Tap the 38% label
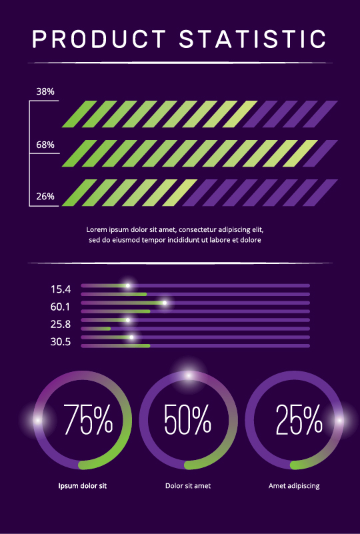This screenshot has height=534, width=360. pyautogui.click(x=45, y=91)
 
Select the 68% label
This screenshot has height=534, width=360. pyautogui.click(x=45, y=145)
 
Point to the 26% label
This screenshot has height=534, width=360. pyautogui.click(x=45, y=197)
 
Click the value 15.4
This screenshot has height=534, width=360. pyautogui.click(x=60, y=289)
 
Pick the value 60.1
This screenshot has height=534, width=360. pyautogui.click(x=60, y=307)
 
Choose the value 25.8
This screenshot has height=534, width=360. pyautogui.click(x=60, y=324)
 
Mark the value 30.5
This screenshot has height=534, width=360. pyautogui.click(x=60, y=341)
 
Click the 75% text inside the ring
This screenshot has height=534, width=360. pyautogui.click(x=88, y=420)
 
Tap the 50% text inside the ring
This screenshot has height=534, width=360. pyautogui.click(x=187, y=420)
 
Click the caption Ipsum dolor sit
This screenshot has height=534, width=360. pyautogui.click(x=83, y=486)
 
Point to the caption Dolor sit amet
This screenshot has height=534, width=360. pyautogui.click(x=188, y=486)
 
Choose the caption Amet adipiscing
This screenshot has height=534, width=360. pyautogui.click(x=294, y=486)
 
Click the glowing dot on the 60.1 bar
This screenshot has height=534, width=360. pyautogui.click(x=165, y=303)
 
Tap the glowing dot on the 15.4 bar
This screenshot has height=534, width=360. pyautogui.click(x=129, y=286)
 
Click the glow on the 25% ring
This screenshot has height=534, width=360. pyautogui.click(x=339, y=420)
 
